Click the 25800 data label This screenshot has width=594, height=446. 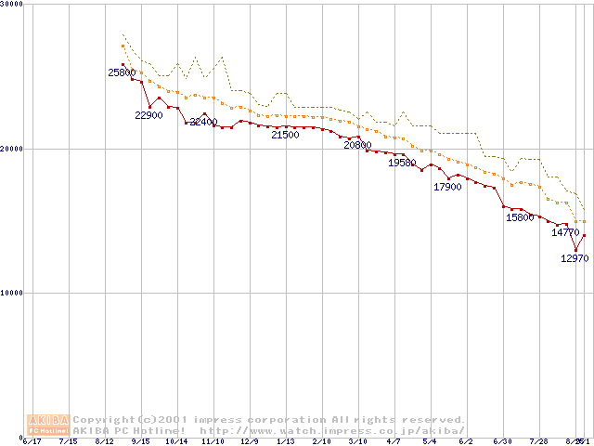(x=123, y=72)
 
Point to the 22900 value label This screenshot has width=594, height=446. (x=149, y=115)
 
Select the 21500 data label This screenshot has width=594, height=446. (x=285, y=135)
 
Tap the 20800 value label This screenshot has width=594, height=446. (x=357, y=145)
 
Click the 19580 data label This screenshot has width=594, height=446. (x=402, y=163)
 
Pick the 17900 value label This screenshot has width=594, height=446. (x=447, y=187)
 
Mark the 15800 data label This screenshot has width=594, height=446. (x=520, y=217)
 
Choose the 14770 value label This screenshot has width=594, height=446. (x=565, y=232)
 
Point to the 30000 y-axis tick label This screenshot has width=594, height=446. (x=12, y=4)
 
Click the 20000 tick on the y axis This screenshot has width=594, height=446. (x=12, y=149)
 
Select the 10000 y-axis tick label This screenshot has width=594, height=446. (x=12, y=293)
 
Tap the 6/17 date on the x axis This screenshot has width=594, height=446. (x=32, y=441)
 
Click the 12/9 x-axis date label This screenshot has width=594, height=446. (x=250, y=441)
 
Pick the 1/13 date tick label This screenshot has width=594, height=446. (x=285, y=441)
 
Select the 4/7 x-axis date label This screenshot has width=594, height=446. (x=394, y=441)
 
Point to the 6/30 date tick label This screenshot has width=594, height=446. (x=502, y=441)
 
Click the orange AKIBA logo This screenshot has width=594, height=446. (x=49, y=424)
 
